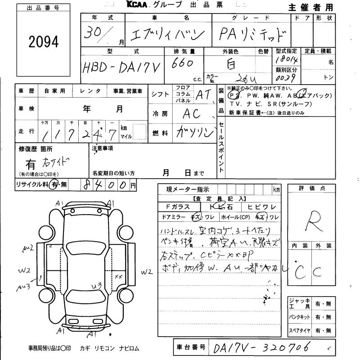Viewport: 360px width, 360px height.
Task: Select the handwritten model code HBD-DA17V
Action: tap(122, 69)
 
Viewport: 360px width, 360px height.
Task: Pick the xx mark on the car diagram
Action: tap(119, 276)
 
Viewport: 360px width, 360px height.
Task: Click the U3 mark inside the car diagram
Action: tap(95, 285)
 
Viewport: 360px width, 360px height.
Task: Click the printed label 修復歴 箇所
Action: tap(36, 148)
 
